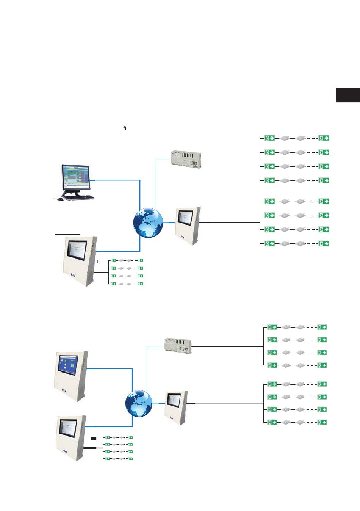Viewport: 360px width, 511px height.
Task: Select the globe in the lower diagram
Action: pos(139,404)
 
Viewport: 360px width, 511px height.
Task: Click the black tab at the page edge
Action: pos(347,95)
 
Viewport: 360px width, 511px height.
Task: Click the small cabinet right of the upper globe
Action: pos(188,226)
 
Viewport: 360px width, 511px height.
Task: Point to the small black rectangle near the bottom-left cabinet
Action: pos(94,438)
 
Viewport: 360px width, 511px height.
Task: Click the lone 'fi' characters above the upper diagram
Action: pos(125,128)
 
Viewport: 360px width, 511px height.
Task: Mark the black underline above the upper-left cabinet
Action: pos(67,235)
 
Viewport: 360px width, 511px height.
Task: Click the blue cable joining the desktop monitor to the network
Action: pos(116,180)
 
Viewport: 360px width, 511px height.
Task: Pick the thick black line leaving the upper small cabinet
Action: pos(231,223)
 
